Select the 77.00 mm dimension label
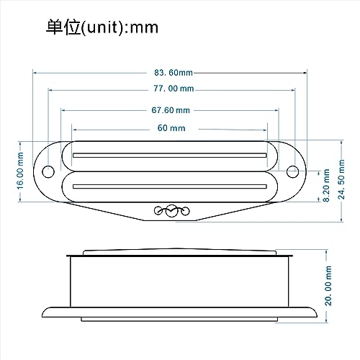[x=173, y=89]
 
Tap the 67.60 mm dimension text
[x=171, y=110]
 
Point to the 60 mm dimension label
[x=171, y=127]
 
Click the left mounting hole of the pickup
[x=49, y=171]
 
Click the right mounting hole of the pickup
[x=293, y=171]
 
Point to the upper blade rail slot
[x=171, y=154]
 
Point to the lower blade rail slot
[x=171, y=187]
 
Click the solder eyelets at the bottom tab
[x=171, y=211]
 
